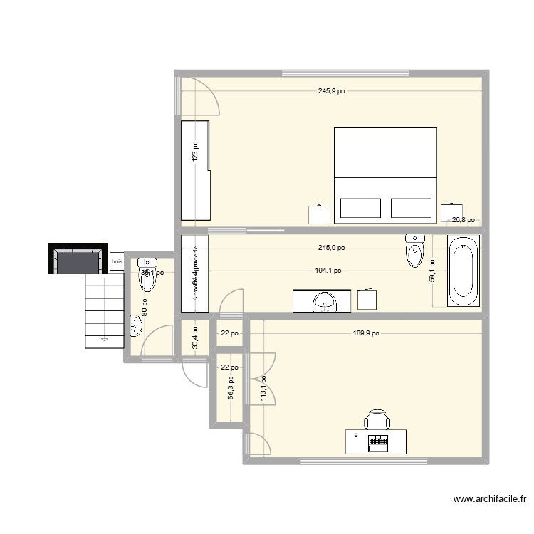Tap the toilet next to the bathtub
[x=414, y=250]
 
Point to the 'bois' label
[x=116, y=262]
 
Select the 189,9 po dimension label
[x=365, y=333]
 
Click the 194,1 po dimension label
[x=327, y=271]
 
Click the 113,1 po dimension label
[x=263, y=389]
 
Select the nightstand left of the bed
[x=319, y=214]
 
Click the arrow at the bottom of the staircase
[x=105, y=340]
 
